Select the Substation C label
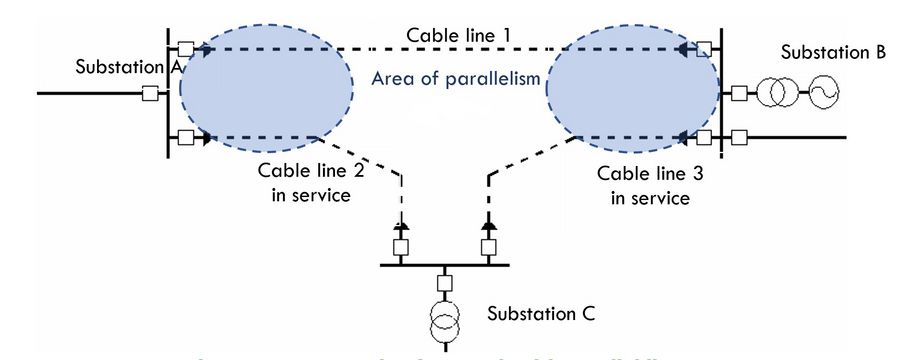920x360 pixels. tap(541, 313)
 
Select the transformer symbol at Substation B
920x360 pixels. tap(776, 94)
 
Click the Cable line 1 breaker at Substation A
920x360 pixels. tap(186, 47)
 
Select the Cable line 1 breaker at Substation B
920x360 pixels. tap(706, 47)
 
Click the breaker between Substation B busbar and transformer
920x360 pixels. tap(738, 94)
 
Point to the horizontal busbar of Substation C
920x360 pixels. tap(445, 265)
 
